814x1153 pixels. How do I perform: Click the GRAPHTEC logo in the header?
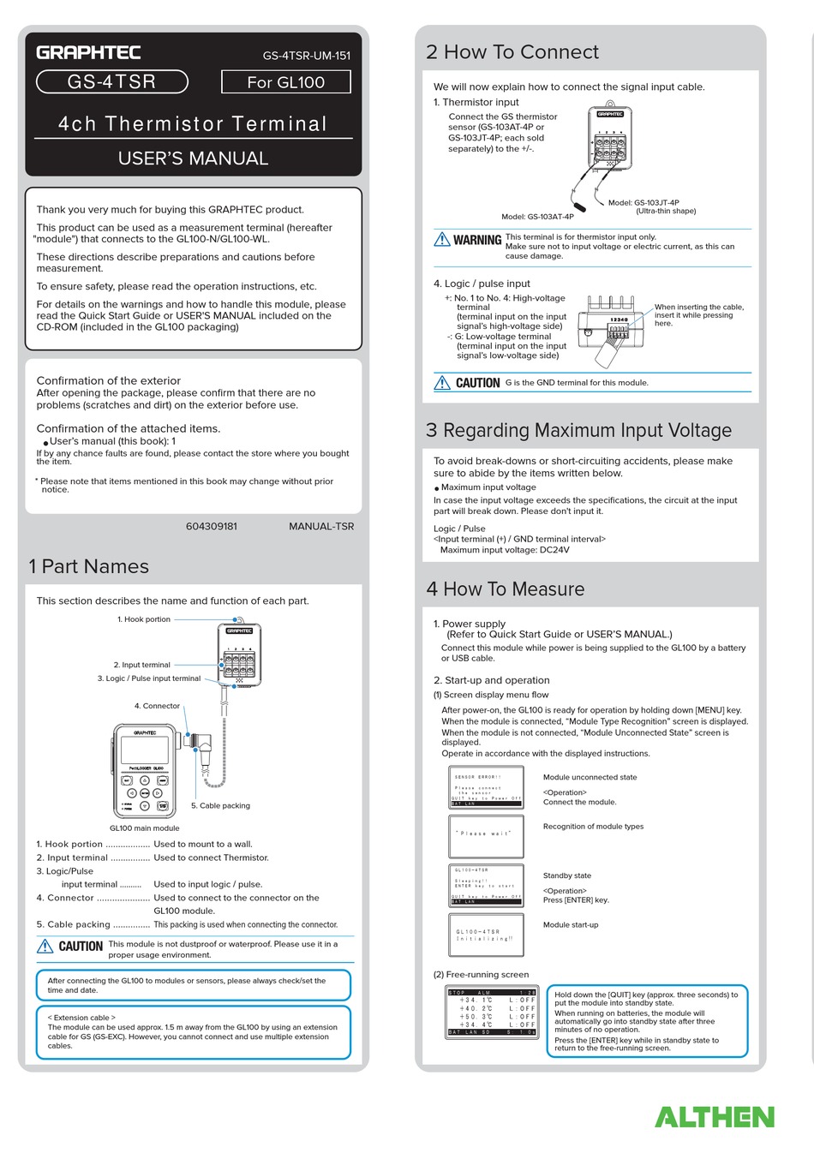click(88, 52)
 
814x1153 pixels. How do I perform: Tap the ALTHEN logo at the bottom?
click(714, 1117)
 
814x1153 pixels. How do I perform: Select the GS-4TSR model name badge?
click(111, 82)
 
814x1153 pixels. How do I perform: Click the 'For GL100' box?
click(285, 82)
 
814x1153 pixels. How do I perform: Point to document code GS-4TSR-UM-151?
click(306, 56)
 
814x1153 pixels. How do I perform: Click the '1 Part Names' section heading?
click(88, 566)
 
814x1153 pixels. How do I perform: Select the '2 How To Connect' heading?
click(512, 52)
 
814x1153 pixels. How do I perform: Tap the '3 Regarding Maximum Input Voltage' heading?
click(579, 430)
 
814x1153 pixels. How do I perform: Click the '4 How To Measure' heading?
click(506, 589)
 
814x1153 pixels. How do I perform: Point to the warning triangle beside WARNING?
click(442, 240)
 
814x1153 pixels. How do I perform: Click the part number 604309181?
click(211, 526)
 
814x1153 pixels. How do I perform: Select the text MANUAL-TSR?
click(321, 526)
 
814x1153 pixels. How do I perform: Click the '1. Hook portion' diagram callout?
click(144, 619)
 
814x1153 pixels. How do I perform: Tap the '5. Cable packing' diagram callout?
click(220, 806)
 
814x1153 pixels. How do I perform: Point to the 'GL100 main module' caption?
click(144, 828)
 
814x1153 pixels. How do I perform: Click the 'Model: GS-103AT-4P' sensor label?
click(537, 217)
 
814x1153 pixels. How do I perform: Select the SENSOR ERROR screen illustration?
click(486, 787)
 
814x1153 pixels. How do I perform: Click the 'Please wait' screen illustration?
click(486, 836)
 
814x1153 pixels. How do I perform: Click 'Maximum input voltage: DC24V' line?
click(505, 550)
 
